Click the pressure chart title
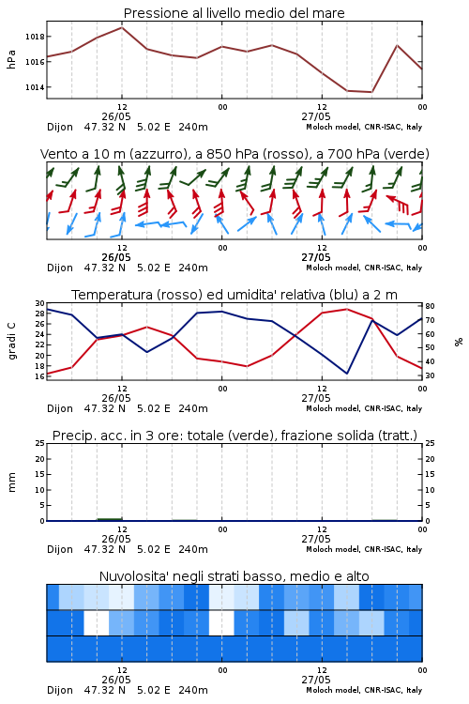(234, 13)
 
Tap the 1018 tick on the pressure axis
(35, 37)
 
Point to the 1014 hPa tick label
(35, 87)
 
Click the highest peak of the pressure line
(122, 27)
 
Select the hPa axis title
(11, 59)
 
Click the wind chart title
(234, 154)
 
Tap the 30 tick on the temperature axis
(40, 303)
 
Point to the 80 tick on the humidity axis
(430, 306)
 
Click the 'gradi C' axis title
(11, 341)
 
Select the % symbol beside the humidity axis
(459, 342)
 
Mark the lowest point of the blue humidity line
(346, 374)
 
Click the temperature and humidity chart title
(234, 295)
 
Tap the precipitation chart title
(234, 436)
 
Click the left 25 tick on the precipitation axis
(40, 444)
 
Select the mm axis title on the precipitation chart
(11, 482)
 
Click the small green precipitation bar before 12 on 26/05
(110, 519)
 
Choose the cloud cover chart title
(234, 576)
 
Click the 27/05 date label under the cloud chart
(316, 680)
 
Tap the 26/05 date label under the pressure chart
(116, 116)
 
